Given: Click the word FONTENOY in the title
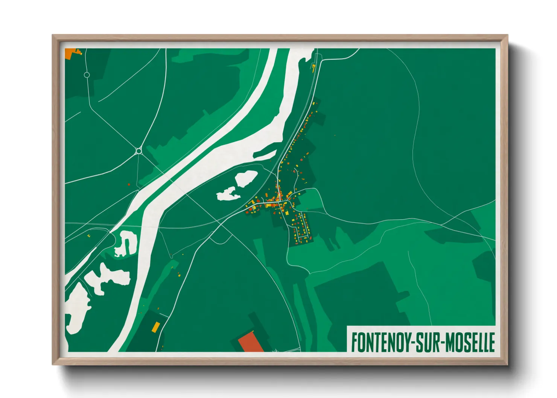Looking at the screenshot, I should (380, 342).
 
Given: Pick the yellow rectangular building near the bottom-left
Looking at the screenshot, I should (155, 327).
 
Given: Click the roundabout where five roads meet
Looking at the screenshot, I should (138, 151).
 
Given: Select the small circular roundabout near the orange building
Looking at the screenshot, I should (87, 75).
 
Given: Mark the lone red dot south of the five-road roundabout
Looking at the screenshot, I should (129, 184).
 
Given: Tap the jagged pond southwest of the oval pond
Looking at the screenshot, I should (228, 194).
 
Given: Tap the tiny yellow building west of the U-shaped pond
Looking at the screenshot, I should (88, 236).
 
